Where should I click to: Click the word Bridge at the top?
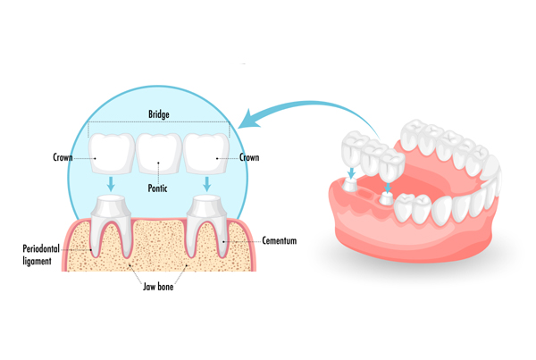tap(159, 114)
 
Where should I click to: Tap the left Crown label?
tap(63, 157)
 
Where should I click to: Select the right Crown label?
tap(249, 157)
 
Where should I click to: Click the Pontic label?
tap(157, 188)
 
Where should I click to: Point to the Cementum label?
tap(280, 240)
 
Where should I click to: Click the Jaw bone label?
tap(158, 287)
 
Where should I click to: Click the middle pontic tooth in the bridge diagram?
tap(159, 153)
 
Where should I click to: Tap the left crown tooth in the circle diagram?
tap(112, 153)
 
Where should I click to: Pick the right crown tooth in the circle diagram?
tap(206, 153)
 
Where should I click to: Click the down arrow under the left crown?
tap(111, 184)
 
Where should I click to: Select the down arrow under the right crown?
tap(206, 184)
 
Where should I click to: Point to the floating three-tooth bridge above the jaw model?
tap(373, 156)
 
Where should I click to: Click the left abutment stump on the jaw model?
tap(349, 185)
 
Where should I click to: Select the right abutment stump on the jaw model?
tap(387, 198)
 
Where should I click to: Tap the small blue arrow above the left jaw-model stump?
tap(351, 172)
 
